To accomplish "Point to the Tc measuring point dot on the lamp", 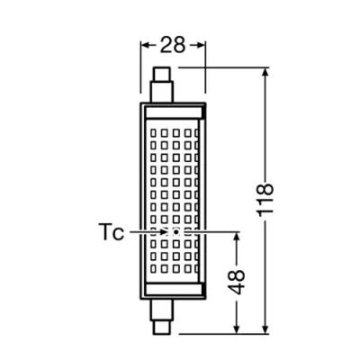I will click(175, 231).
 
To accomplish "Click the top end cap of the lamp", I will click(161, 86).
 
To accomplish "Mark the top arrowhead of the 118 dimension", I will click(265, 72).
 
